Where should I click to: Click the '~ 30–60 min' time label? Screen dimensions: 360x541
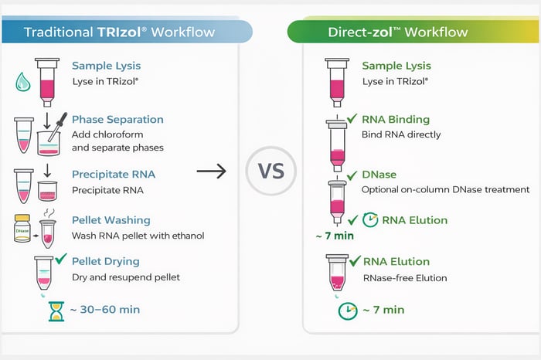[x=104, y=310]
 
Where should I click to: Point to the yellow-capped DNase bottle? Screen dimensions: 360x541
[x=22, y=229]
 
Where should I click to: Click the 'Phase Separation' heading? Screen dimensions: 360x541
[x=117, y=119]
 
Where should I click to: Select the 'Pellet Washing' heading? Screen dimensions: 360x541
[x=111, y=220]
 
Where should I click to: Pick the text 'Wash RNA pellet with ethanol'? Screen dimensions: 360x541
[x=138, y=236]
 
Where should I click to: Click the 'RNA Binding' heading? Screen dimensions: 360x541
[x=396, y=119]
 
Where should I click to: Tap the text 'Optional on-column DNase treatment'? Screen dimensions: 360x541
[x=446, y=189]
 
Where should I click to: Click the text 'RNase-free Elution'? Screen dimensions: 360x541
[x=404, y=278]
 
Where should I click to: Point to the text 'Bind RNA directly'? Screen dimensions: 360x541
[x=401, y=134]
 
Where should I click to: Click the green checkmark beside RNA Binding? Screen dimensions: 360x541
[x=352, y=118]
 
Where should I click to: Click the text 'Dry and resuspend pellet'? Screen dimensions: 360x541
[x=131, y=277]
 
